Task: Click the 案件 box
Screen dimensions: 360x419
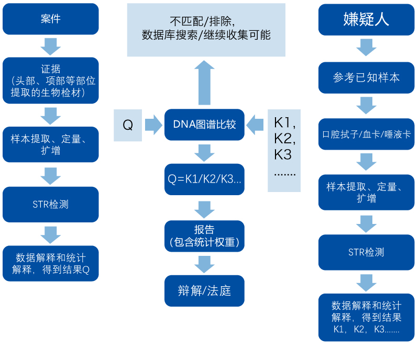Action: click(x=50, y=19)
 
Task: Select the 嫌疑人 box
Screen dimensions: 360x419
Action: click(x=366, y=19)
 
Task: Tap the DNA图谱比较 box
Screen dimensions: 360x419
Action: click(x=204, y=125)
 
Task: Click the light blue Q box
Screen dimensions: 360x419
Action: click(x=128, y=125)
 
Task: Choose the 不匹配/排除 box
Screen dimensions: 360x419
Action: click(x=206, y=29)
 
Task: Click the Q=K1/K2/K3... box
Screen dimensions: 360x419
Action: click(x=204, y=179)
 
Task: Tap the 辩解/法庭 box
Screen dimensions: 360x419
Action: click(x=204, y=290)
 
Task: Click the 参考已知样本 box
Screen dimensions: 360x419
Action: click(x=366, y=77)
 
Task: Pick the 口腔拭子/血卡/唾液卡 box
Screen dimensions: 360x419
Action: click(x=366, y=134)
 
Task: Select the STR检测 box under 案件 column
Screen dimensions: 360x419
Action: click(x=50, y=204)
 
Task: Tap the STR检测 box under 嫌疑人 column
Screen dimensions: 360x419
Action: click(x=366, y=252)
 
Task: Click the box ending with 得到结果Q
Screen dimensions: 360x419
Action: click(x=50, y=263)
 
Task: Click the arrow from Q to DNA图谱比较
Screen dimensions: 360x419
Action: click(x=153, y=125)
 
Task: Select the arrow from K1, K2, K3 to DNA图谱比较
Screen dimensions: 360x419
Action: click(x=256, y=125)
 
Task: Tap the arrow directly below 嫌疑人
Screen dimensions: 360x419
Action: click(x=366, y=48)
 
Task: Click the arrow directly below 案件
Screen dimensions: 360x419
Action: click(x=50, y=47)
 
